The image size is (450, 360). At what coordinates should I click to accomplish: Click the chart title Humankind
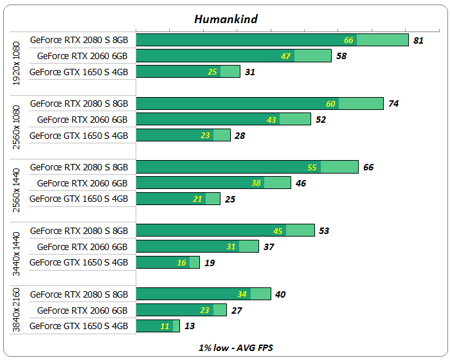pyautogui.click(x=226, y=19)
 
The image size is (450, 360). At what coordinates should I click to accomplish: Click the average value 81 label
pyautogui.click(x=419, y=40)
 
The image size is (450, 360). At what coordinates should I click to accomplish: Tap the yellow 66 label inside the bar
pyautogui.click(x=349, y=40)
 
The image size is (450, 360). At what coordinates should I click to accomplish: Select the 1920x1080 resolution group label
pyautogui.click(x=17, y=64)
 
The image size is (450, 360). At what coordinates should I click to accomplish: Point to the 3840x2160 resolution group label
pyautogui.click(x=17, y=310)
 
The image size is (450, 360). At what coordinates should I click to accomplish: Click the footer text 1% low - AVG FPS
pyautogui.click(x=226, y=346)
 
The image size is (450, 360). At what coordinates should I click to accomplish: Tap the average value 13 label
pyautogui.click(x=190, y=326)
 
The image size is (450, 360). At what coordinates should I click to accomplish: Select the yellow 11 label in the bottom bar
pyautogui.click(x=165, y=326)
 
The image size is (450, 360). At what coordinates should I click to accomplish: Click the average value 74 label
pyautogui.click(x=393, y=104)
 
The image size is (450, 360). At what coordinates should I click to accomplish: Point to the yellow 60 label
pyautogui.click(x=331, y=104)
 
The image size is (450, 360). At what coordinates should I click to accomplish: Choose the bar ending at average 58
pyautogui.click(x=233, y=56)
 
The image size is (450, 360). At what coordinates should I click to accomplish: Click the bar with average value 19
pyautogui.click(x=167, y=262)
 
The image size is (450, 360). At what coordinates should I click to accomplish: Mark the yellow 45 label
pyautogui.click(x=278, y=231)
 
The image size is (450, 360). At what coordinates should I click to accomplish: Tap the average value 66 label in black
pyautogui.click(x=368, y=167)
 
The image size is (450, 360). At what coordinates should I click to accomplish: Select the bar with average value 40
pyautogui.click(x=203, y=294)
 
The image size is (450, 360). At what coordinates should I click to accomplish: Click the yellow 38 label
pyautogui.click(x=256, y=183)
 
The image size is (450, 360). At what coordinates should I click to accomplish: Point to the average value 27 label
pyautogui.click(x=236, y=310)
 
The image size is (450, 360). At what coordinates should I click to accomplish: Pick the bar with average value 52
pyautogui.click(x=222, y=120)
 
